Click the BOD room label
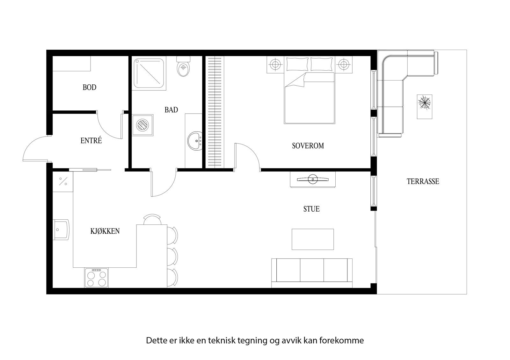[89, 87]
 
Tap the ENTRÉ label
[91, 140]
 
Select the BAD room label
[171, 110]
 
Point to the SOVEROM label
[308, 146]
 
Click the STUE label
[311, 209]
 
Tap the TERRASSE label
[423, 181]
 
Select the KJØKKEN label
[105, 231]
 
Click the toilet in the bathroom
[183, 68]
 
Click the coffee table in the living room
[313, 239]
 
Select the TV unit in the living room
[312, 180]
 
